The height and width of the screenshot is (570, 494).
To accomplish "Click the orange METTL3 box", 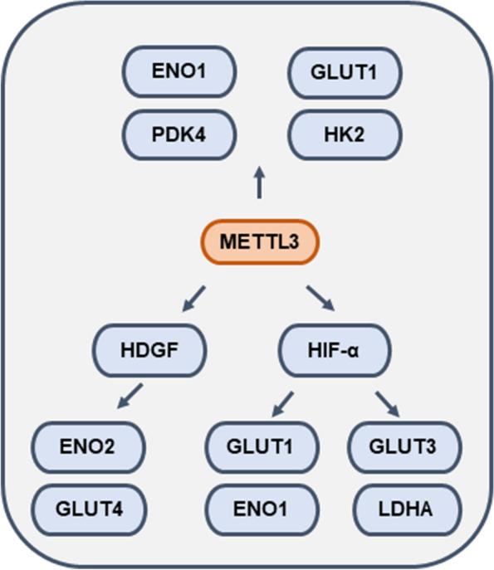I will click(x=258, y=241).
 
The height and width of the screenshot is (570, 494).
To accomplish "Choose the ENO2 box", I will click(x=89, y=446).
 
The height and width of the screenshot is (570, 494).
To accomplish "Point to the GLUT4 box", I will click(x=89, y=506).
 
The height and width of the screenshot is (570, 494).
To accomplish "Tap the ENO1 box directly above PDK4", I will click(x=180, y=71).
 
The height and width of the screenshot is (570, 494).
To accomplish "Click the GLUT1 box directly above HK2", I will click(x=345, y=71).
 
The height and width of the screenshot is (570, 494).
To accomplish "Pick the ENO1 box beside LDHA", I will click(x=262, y=506).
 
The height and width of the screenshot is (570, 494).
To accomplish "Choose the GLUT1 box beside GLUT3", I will click(x=262, y=446).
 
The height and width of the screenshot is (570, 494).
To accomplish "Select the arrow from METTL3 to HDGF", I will click(x=193, y=297).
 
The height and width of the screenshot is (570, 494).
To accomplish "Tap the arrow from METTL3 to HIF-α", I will click(x=320, y=297).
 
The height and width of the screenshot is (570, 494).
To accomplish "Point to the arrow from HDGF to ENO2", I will click(x=130, y=396).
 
